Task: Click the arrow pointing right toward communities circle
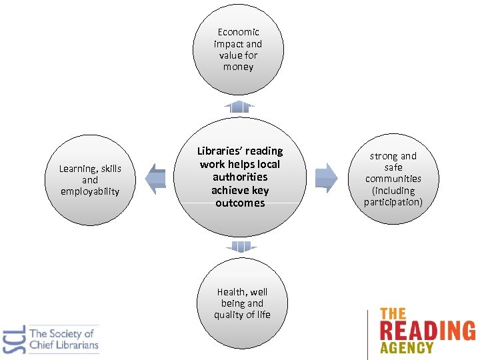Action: click(x=325, y=177)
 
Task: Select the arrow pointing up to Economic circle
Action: click(x=239, y=107)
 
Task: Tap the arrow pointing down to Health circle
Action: click(x=240, y=247)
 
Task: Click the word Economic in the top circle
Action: click(x=238, y=32)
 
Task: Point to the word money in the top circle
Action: click(x=238, y=67)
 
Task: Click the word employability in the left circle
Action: click(x=90, y=192)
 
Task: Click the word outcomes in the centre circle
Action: click(x=240, y=203)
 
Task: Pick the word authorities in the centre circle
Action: click(x=240, y=177)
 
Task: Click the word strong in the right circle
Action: click(x=383, y=157)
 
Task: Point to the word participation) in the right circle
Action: click(x=393, y=202)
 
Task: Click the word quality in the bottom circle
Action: click(x=227, y=315)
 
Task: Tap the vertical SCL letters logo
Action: click(x=15, y=339)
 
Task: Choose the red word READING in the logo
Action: click(x=427, y=331)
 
